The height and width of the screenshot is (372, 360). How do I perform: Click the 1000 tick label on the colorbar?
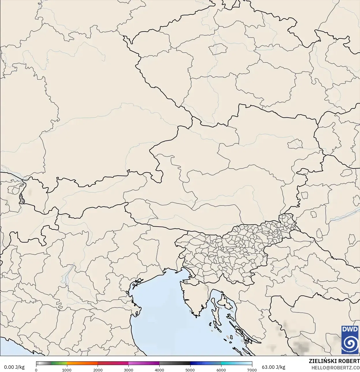(x=67, y=370)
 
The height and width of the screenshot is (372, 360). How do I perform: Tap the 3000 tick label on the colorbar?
(x=128, y=370)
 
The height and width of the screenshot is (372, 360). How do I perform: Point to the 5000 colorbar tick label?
(x=190, y=370)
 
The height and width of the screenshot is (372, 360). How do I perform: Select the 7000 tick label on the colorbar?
(x=252, y=370)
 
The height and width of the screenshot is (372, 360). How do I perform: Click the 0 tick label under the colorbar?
(x=36, y=370)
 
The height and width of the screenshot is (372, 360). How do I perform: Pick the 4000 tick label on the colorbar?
(x=159, y=370)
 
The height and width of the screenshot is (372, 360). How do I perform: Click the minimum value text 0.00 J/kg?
(x=14, y=367)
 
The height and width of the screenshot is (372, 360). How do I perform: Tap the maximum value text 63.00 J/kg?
(x=273, y=367)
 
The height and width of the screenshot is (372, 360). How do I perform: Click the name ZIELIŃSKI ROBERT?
(x=334, y=361)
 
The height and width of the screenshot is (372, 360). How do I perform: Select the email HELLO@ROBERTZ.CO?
(x=335, y=367)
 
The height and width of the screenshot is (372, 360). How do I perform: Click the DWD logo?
(x=350, y=340)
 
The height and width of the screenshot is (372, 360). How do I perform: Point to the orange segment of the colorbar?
(x=82, y=363)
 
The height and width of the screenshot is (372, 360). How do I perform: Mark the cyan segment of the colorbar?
(x=228, y=363)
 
